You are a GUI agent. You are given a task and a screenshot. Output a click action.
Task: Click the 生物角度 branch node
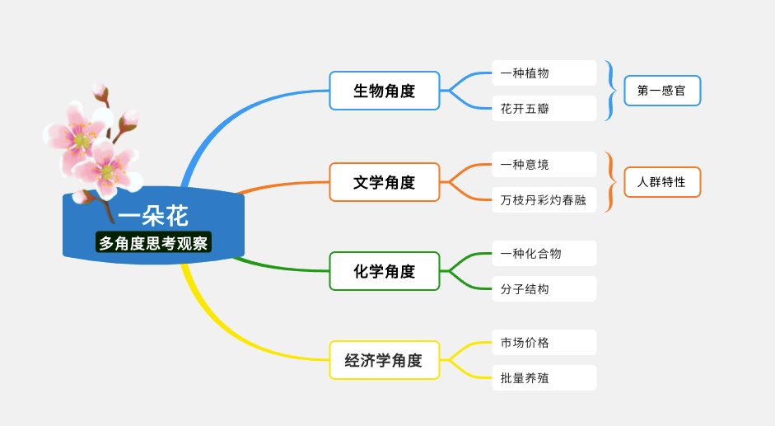tap(385, 91)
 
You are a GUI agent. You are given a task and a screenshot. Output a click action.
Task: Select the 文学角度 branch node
tap(385, 182)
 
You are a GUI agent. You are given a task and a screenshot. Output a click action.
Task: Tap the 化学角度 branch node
tap(385, 271)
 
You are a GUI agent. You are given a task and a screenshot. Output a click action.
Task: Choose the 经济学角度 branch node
tap(385, 360)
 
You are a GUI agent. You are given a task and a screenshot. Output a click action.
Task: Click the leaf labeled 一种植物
tap(544, 73)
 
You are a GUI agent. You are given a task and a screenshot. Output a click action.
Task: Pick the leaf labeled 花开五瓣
tap(544, 109)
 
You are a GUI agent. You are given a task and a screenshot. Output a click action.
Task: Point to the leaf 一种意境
tap(544, 164)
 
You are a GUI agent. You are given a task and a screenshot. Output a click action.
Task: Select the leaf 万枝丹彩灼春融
tap(544, 200)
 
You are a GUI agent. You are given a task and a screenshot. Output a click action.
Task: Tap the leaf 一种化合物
tap(544, 253)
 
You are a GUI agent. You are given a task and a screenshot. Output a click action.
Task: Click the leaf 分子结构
tap(544, 289)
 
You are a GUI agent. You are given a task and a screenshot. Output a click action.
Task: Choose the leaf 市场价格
tap(544, 343)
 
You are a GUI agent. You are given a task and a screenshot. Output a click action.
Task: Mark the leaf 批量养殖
tap(544, 378)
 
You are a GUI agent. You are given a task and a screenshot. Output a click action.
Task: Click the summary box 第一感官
tap(662, 91)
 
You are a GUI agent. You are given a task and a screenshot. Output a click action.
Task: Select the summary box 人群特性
tap(662, 182)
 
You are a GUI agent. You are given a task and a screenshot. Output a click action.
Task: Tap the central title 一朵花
tap(153, 216)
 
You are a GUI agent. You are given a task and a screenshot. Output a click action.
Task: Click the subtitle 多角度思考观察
tap(153, 243)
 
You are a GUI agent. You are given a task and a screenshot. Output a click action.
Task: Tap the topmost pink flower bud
tap(100, 91)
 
